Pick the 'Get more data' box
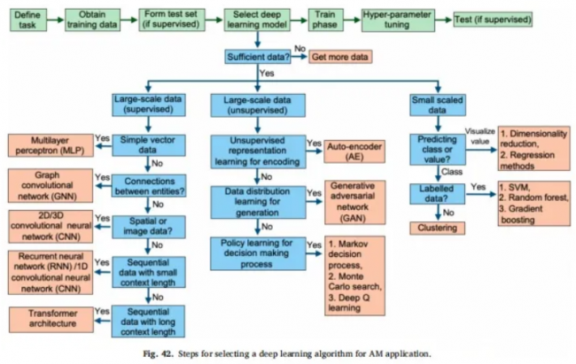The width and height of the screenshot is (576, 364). pos(339,58)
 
